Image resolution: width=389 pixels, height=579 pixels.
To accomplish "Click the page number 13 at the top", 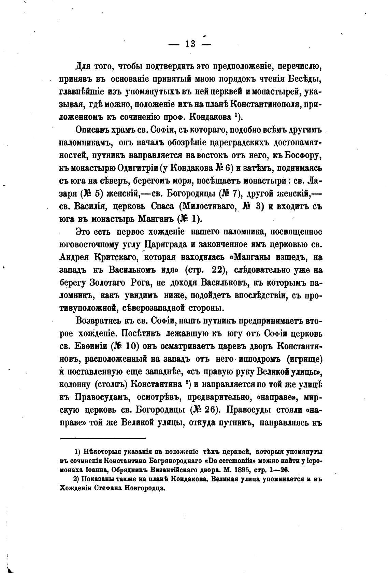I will [x=190, y=44].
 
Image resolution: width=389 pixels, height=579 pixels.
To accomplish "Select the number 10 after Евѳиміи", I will [x=131, y=346].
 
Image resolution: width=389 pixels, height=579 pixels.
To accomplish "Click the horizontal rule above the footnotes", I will [x=103, y=438].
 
